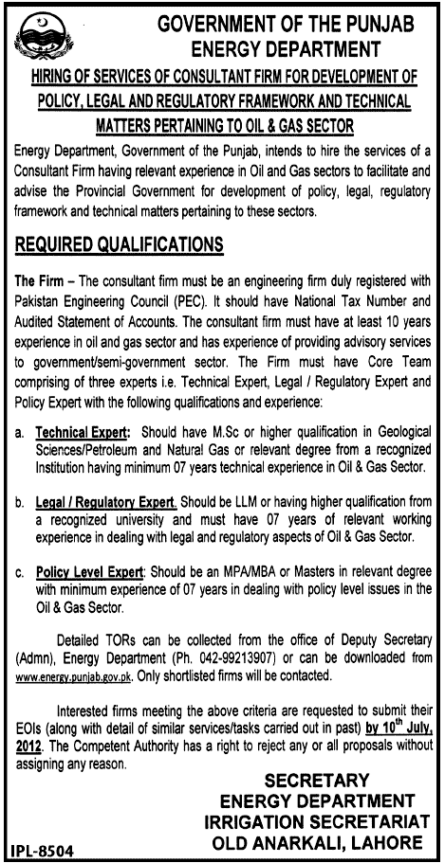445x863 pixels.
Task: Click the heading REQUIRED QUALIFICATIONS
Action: [119, 244]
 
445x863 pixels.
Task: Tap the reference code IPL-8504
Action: [43, 849]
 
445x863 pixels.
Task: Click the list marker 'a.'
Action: [20, 430]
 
